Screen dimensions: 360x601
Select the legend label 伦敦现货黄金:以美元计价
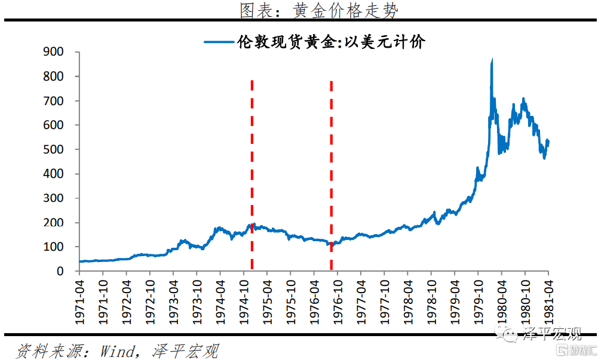pos(330,42)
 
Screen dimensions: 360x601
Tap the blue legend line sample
pos(218,42)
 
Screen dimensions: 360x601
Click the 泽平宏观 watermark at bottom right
pos(542,335)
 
